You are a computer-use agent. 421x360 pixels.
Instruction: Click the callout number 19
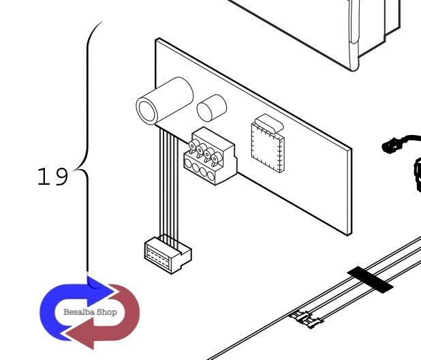pyautogui.click(x=53, y=177)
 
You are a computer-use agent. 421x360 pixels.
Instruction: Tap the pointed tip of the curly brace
pyautogui.click(x=74, y=170)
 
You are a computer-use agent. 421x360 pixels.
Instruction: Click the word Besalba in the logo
pyautogui.click(x=79, y=312)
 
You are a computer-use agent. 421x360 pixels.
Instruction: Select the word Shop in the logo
pyautogui.click(x=106, y=312)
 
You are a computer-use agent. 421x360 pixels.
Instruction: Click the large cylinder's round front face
pyautogui.click(x=146, y=111)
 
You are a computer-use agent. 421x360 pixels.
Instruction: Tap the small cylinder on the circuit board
pyautogui.click(x=212, y=108)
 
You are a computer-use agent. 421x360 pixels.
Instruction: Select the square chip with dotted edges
pyautogui.click(x=268, y=147)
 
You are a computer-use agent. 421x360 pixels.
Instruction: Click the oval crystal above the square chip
pyautogui.click(x=269, y=123)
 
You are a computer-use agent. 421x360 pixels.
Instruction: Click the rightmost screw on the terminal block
pyautogui.click(x=216, y=158)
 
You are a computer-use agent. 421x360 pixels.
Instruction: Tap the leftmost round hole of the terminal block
pyautogui.click(x=188, y=163)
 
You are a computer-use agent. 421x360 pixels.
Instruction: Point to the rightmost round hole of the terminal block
pyautogui.click(x=211, y=176)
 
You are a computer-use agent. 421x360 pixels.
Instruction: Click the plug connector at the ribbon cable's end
pyautogui.click(x=168, y=255)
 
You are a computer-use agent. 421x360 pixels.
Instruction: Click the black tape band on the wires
pyautogui.click(x=371, y=280)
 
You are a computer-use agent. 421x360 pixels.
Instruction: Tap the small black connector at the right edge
pyautogui.click(x=389, y=146)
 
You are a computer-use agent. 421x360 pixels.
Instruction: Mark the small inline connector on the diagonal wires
pyautogui.click(x=306, y=319)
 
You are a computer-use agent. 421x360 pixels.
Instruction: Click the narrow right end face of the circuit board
pyautogui.click(x=349, y=192)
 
